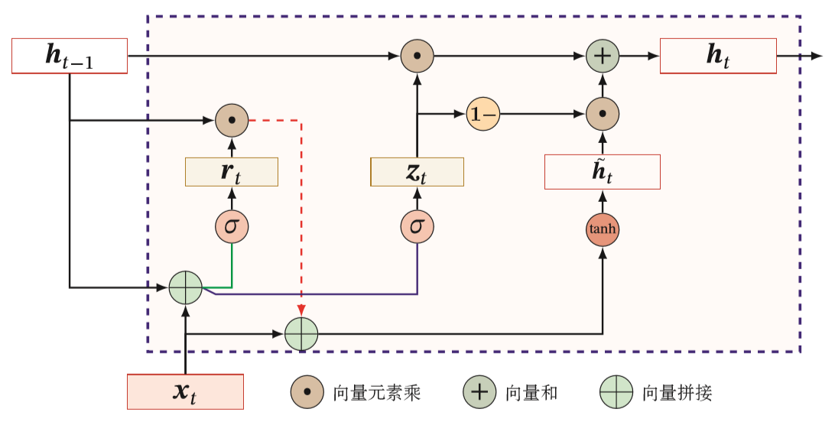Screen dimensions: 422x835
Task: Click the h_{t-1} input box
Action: (x=70, y=56)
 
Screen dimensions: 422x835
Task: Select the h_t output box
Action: (x=718, y=56)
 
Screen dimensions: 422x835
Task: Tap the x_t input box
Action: (x=185, y=391)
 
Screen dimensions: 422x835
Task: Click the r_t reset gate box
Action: (x=232, y=171)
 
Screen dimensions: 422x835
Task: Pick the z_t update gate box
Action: (x=417, y=171)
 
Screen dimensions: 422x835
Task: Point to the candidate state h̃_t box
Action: (x=602, y=171)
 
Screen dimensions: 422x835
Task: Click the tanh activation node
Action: (x=602, y=229)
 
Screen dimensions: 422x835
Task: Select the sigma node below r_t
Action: (x=232, y=227)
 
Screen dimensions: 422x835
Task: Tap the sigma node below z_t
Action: (x=417, y=227)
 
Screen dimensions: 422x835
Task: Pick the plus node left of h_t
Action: (x=602, y=56)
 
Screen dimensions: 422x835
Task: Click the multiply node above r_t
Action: (x=232, y=120)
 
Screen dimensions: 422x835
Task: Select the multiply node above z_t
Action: (x=417, y=56)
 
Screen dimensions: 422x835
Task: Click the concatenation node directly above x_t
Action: (x=185, y=288)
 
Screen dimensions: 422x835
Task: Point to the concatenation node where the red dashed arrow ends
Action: (x=301, y=334)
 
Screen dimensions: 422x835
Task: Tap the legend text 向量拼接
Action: (x=677, y=394)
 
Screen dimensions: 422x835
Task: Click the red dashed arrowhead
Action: (x=301, y=312)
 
